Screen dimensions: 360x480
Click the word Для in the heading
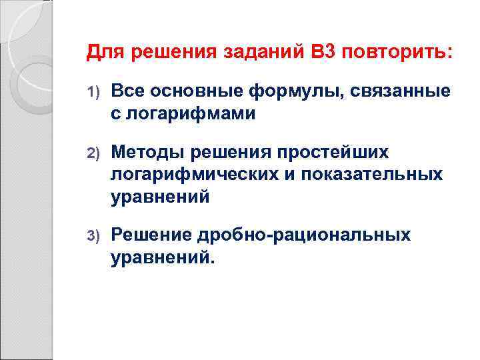(103, 52)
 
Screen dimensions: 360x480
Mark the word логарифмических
(203, 175)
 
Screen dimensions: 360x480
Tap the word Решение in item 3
(151, 235)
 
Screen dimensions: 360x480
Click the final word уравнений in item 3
(162, 257)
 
